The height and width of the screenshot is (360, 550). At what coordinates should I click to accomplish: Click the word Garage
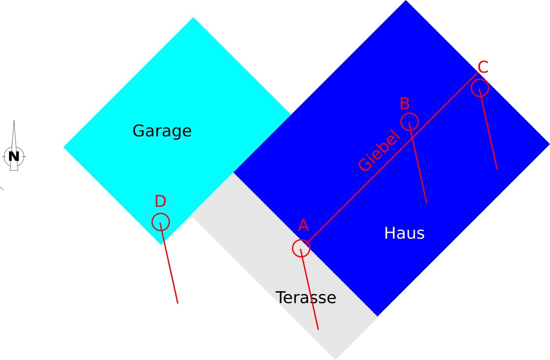(162, 131)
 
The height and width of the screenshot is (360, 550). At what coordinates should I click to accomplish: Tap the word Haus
(404, 233)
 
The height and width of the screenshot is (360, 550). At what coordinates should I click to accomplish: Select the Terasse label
(306, 298)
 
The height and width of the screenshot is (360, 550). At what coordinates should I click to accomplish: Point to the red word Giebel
(379, 150)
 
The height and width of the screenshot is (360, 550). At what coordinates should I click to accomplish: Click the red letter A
(303, 226)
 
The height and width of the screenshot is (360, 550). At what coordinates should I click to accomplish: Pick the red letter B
(405, 104)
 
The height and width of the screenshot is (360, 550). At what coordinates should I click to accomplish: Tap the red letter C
(483, 67)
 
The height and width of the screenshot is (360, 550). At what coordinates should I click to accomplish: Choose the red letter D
(160, 202)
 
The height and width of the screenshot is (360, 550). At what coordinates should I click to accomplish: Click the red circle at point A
(301, 248)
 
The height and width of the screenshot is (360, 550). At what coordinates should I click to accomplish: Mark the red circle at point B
(410, 121)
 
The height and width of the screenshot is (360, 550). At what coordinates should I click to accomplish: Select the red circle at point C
(480, 88)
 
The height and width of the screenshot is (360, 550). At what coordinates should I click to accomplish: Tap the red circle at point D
(161, 222)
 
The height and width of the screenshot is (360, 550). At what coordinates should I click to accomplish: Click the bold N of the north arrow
(14, 156)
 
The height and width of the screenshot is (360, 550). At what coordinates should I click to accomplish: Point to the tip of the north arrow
(14, 121)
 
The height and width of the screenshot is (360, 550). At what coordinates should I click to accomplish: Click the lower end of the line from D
(177, 303)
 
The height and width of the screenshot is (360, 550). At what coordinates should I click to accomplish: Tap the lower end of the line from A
(318, 329)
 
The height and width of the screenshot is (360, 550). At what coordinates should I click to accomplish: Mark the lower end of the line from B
(426, 203)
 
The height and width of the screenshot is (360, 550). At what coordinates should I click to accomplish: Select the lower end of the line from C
(497, 169)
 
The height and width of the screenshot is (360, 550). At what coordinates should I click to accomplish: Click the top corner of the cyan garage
(193, 18)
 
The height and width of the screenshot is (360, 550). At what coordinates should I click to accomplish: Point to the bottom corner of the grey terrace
(335, 359)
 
